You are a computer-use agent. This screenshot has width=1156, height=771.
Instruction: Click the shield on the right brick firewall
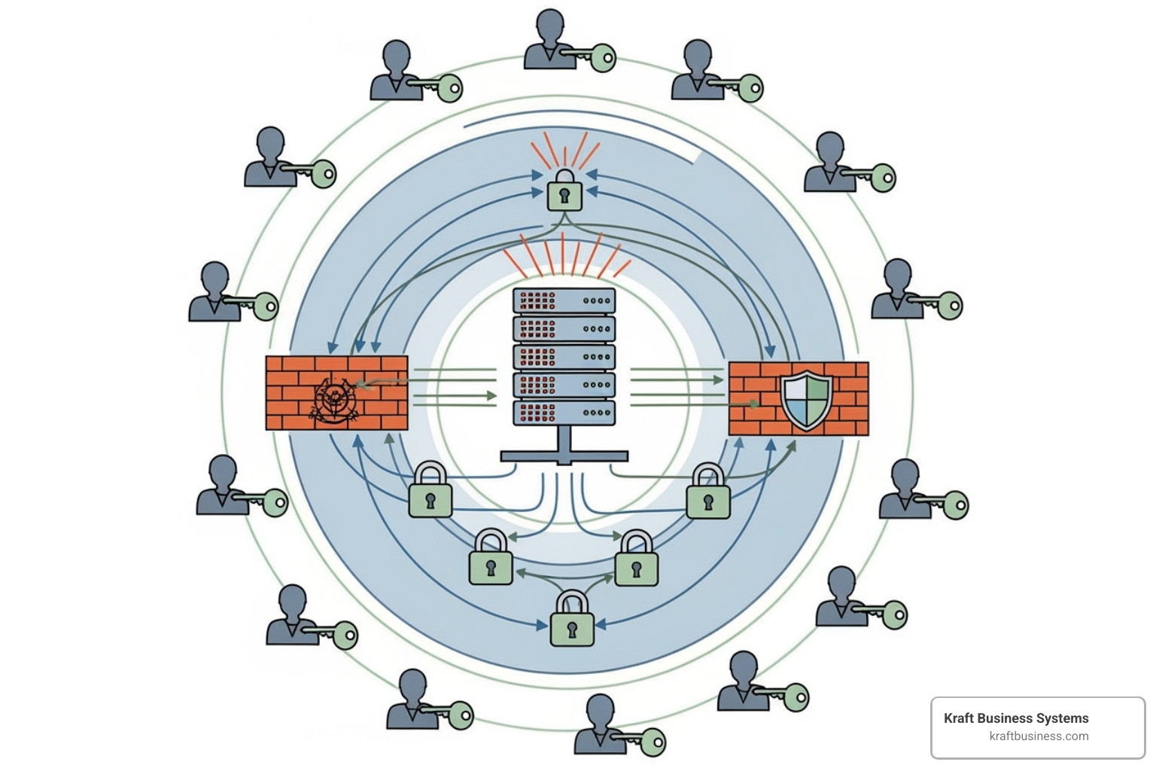tap(805, 399)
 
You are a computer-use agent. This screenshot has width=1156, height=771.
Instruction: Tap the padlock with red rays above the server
tap(564, 190)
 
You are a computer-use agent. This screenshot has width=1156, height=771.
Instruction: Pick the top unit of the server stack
tap(564, 300)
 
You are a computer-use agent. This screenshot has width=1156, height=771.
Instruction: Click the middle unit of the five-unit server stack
tap(564, 357)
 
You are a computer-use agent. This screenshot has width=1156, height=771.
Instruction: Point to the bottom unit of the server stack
tap(564, 413)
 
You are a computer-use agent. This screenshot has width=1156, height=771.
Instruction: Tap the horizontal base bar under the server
tap(564, 456)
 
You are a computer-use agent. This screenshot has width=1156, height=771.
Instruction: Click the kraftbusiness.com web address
tap(1039, 736)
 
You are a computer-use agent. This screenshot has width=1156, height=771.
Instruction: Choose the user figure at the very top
tap(548, 39)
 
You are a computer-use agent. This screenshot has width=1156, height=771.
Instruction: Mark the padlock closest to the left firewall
tap(430, 492)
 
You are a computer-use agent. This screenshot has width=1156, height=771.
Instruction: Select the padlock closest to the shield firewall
tap(708, 494)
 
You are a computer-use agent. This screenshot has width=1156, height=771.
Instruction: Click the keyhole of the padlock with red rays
tap(564, 197)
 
